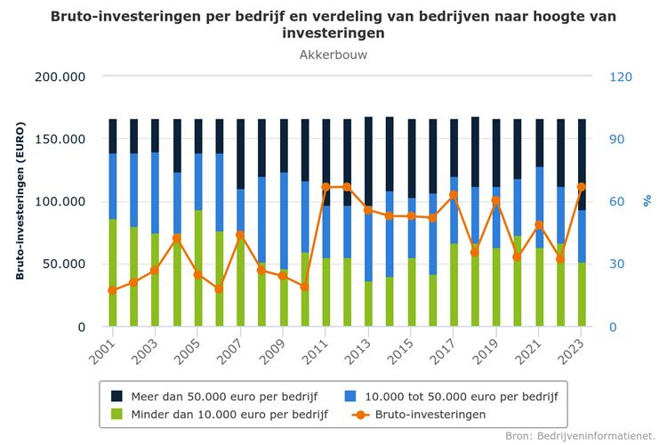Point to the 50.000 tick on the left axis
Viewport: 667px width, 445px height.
(64, 264)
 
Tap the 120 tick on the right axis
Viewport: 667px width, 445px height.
(621, 77)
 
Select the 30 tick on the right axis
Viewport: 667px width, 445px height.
(617, 264)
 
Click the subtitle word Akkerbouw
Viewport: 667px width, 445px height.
(333, 55)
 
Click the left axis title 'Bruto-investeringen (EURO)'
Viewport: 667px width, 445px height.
(20, 201)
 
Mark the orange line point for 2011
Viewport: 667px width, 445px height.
(326, 187)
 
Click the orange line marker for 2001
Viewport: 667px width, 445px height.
(112, 290)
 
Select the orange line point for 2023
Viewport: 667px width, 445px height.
(582, 187)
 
